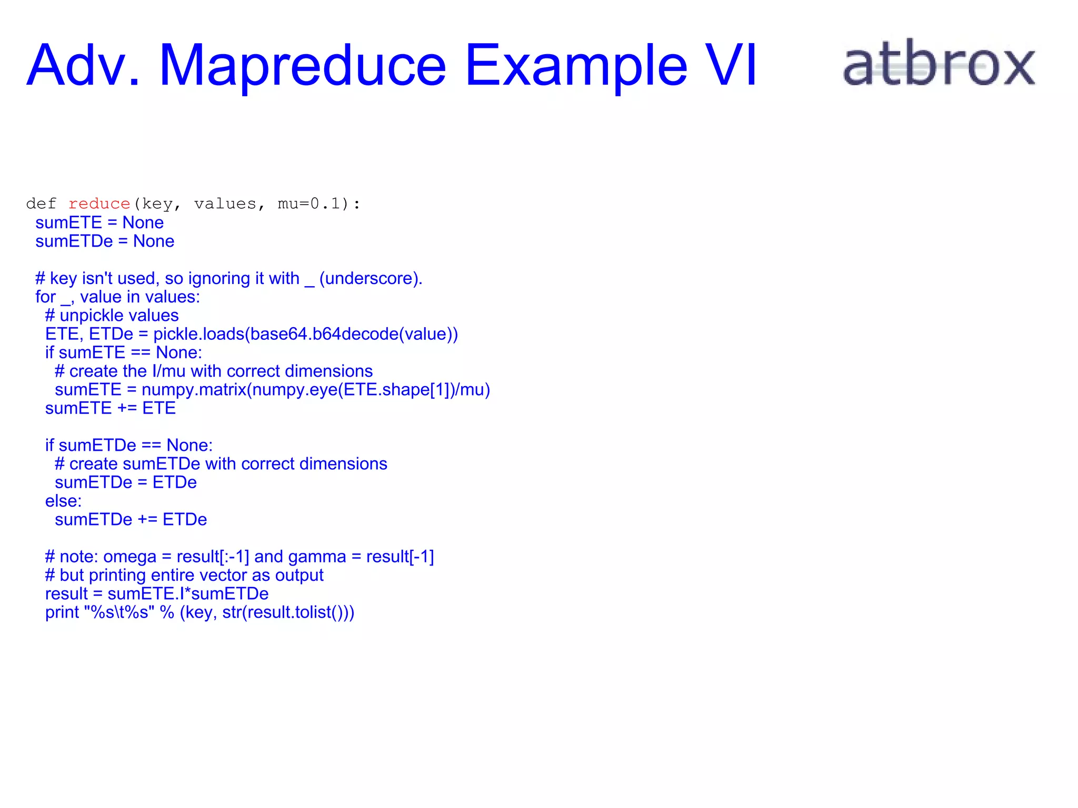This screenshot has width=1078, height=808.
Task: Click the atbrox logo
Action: point(939,64)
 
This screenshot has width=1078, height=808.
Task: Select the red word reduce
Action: point(99,204)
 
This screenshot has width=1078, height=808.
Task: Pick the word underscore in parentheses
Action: point(371,278)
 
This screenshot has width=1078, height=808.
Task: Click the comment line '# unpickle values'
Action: point(112,316)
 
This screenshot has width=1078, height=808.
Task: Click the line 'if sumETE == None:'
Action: point(123,352)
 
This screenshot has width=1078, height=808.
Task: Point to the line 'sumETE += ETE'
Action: point(110,408)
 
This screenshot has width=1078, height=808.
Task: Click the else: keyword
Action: point(63,501)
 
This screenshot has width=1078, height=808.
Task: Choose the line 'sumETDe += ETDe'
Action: point(131,520)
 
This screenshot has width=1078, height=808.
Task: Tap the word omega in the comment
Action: point(129,557)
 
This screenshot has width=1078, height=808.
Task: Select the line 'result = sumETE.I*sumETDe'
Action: point(156,594)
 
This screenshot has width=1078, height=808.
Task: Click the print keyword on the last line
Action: point(62,613)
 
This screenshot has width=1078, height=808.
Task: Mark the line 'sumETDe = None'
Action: point(105,241)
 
